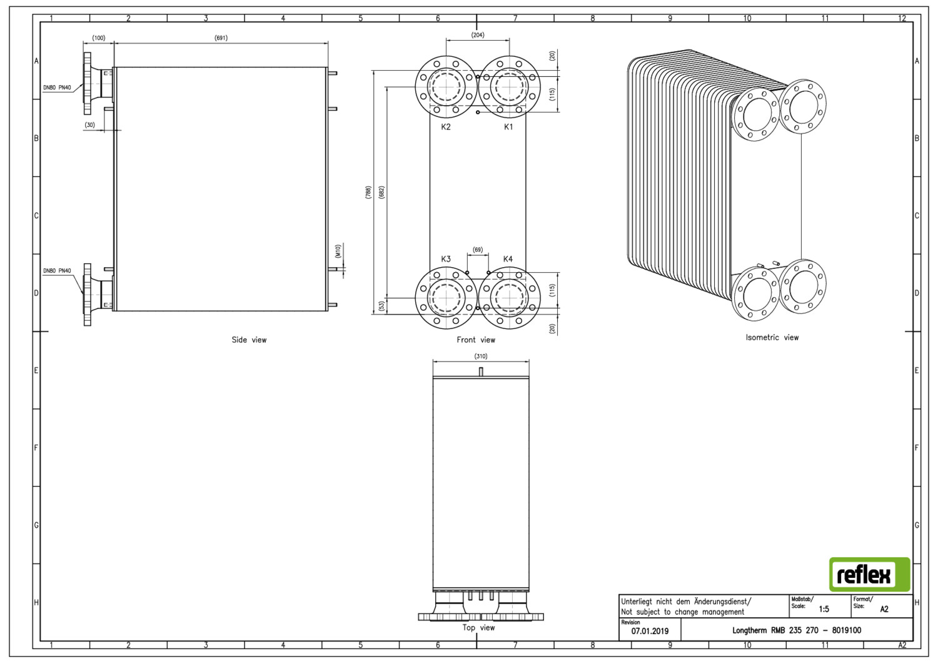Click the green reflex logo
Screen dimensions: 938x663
click(869, 574)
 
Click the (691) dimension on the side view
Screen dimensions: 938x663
click(221, 38)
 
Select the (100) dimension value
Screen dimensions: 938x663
click(99, 38)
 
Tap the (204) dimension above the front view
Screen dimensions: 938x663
click(478, 35)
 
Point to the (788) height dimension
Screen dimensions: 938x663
click(368, 192)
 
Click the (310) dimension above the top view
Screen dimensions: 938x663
click(481, 356)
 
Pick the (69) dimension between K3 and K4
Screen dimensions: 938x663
click(478, 250)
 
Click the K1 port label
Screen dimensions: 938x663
click(508, 126)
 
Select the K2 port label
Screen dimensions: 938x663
click(445, 126)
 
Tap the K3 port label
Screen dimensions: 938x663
click(445, 259)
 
